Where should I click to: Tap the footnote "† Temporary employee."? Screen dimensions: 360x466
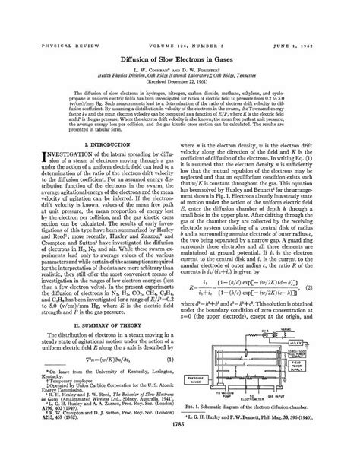49,395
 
